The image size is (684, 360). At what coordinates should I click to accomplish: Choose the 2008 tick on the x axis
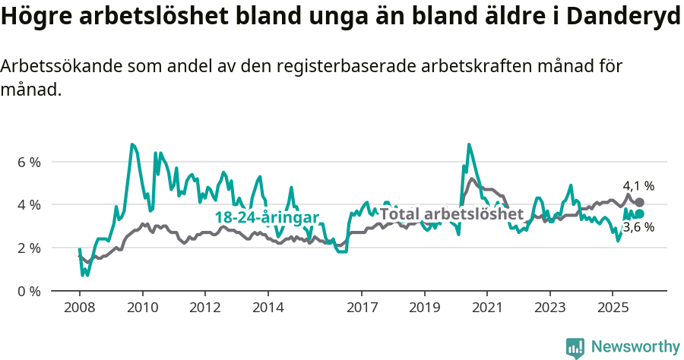[80, 308]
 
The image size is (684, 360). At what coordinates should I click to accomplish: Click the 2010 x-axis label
[142, 308]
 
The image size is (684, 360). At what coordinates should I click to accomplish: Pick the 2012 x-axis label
[205, 308]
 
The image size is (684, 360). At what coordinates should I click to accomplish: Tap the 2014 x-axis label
[268, 308]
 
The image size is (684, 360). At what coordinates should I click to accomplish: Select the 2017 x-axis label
[362, 308]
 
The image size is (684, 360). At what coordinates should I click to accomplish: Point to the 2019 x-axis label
[424, 308]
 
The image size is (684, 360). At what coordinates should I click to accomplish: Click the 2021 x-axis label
[487, 308]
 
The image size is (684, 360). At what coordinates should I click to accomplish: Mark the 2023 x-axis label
[549, 308]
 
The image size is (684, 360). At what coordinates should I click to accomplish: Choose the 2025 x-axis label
[613, 308]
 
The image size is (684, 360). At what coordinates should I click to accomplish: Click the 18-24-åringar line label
[267, 216]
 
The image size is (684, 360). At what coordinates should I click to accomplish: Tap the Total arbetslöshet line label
[451, 214]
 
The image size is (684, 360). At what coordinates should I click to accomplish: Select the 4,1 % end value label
[638, 186]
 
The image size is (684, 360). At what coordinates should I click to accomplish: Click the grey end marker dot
[640, 202]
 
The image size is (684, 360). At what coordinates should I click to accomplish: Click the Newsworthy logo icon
[575, 348]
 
